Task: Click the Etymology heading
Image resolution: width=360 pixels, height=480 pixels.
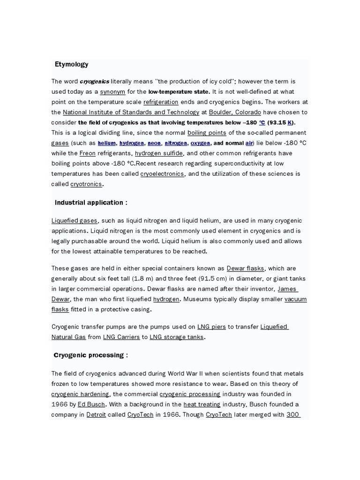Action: click(x=71, y=64)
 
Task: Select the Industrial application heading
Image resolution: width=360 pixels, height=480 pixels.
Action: click(x=91, y=202)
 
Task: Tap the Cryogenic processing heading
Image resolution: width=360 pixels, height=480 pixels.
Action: click(x=91, y=355)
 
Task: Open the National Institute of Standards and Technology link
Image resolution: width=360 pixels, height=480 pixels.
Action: click(x=131, y=112)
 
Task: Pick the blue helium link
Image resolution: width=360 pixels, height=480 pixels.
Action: click(x=107, y=143)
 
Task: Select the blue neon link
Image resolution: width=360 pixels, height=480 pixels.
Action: click(x=155, y=143)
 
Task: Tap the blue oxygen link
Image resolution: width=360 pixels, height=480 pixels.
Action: click(x=200, y=143)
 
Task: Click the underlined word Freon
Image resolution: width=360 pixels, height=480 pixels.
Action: click(x=88, y=153)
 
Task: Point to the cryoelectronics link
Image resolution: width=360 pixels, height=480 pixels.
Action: click(x=163, y=174)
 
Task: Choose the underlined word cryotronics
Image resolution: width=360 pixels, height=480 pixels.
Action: click(x=86, y=184)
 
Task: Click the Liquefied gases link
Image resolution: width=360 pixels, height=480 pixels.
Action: click(x=75, y=221)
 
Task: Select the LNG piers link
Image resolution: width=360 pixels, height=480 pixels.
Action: click(x=210, y=327)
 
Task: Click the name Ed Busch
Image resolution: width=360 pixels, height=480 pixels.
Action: click(x=91, y=404)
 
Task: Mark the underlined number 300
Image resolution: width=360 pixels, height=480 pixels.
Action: click(x=293, y=415)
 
